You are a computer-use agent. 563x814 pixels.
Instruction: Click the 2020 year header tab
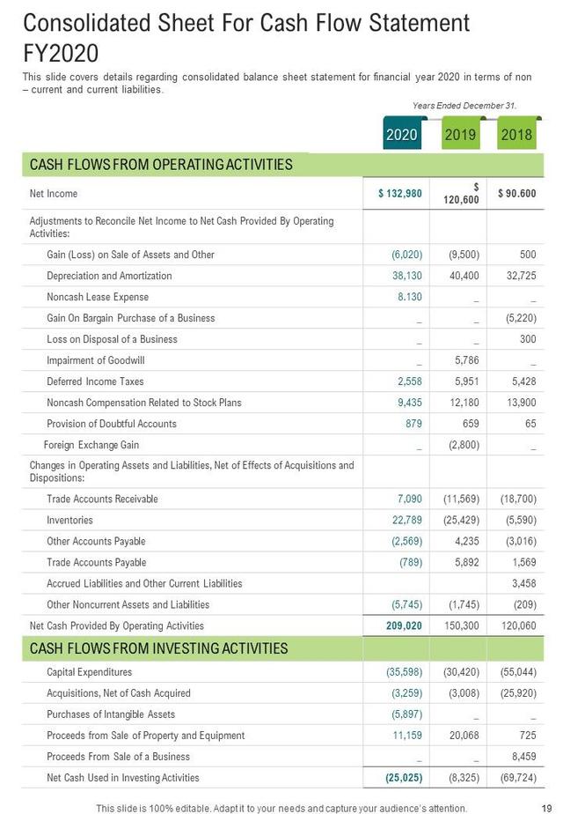click(402, 135)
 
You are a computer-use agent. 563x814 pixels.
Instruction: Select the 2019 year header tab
click(460, 135)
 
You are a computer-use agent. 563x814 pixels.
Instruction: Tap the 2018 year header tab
click(516, 135)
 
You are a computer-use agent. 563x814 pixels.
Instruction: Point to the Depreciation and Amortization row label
click(109, 276)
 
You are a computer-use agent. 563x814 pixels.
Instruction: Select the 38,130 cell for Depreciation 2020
click(407, 276)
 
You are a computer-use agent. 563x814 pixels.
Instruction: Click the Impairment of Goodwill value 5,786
click(466, 360)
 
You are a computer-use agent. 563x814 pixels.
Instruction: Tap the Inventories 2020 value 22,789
click(407, 521)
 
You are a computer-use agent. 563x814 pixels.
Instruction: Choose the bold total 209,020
click(404, 626)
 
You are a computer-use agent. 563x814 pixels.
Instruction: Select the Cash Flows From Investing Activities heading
click(159, 649)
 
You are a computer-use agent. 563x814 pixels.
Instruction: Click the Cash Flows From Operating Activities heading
click(161, 165)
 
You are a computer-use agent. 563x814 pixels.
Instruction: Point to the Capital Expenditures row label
click(91, 672)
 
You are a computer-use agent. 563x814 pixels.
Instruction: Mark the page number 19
click(546, 808)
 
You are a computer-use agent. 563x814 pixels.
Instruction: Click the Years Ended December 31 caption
click(464, 106)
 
